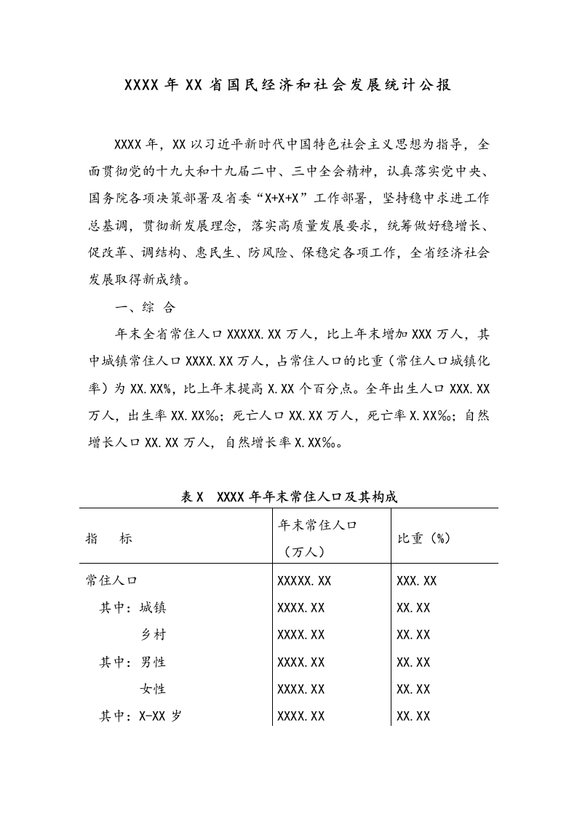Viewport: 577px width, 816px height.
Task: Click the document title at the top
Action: [288, 85]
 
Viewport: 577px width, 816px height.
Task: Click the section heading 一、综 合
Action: [145, 308]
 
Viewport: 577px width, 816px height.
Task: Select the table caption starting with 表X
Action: [289, 497]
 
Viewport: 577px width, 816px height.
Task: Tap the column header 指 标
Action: [109, 539]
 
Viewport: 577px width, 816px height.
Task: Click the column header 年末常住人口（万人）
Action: [317, 538]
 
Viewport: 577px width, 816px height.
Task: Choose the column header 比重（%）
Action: [424, 539]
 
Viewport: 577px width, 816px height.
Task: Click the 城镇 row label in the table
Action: [152, 608]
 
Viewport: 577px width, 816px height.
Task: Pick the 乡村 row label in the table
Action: [153, 635]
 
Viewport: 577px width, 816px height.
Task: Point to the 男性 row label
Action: [153, 663]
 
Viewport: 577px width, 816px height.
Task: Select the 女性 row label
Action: [153, 689]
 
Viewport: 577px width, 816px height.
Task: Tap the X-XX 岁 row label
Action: [160, 716]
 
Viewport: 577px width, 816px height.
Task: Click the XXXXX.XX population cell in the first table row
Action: [304, 581]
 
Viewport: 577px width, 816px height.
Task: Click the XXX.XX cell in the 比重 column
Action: [416, 581]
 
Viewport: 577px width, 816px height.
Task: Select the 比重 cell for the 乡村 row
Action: [413, 635]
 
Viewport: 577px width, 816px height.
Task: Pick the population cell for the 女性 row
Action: [301, 689]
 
